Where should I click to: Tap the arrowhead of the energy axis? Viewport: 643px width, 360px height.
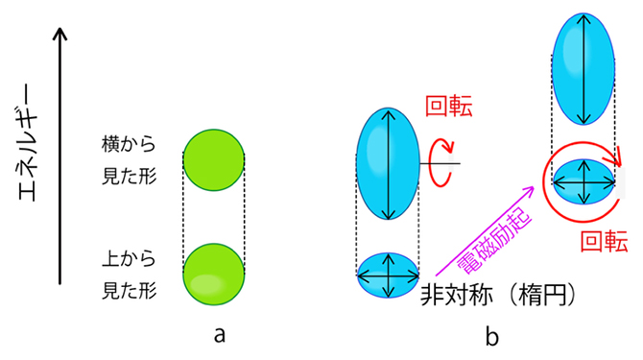(x=60, y=36)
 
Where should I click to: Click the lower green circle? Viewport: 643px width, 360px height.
(x=213, y=274)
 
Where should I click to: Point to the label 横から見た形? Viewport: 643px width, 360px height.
(x=128, y=160)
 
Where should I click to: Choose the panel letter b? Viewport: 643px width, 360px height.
(x=491, y=335)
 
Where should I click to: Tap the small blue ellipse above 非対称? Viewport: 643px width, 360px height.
(x=388, y=274)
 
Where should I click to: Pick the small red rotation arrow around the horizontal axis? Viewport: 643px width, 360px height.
(x=443, y=163)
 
